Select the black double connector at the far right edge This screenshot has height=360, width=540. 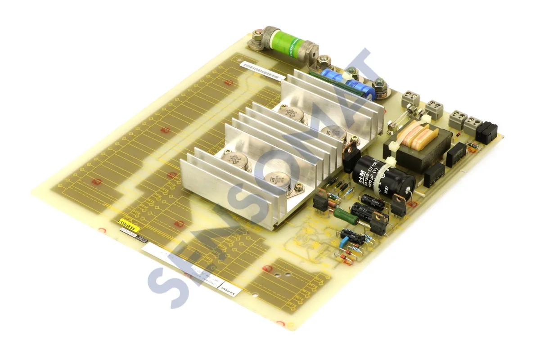(x=486, y=131)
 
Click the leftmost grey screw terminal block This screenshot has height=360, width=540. (x=410, y=98)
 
